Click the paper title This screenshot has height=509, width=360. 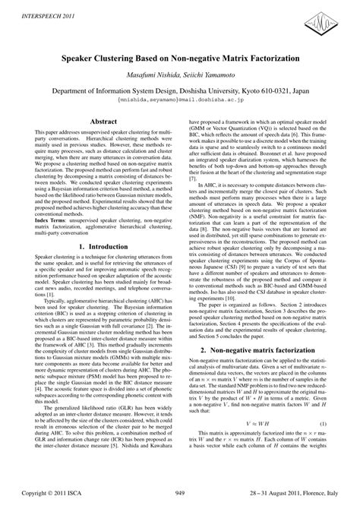click(x=180, y=55)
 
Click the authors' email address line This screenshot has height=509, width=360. click(x=180, y=99)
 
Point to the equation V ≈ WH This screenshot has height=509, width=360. click(x=259, y=444)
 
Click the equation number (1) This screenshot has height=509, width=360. click(x=344, y=444)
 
